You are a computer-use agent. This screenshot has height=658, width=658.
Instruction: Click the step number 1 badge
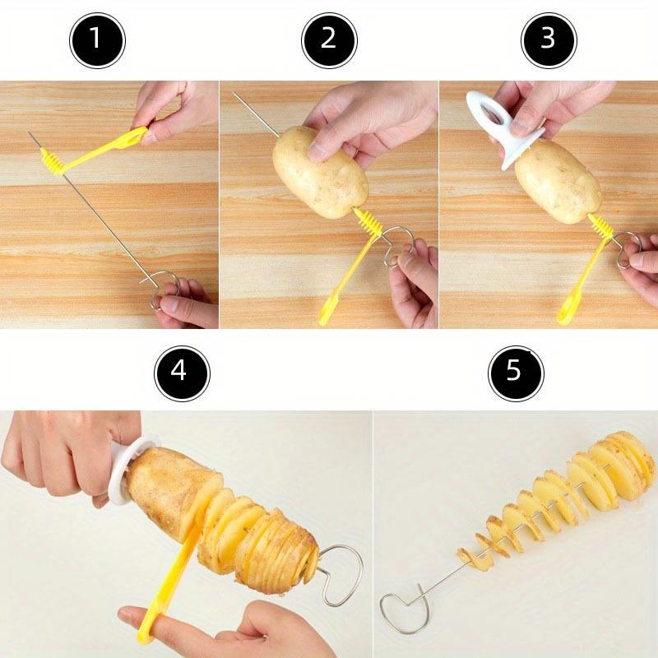pos(96,39)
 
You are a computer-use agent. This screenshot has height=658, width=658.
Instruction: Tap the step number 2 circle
pos(329,39)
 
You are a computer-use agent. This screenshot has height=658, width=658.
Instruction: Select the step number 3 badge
pos(549,39)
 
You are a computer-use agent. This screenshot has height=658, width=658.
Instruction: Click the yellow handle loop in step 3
pos(568,311)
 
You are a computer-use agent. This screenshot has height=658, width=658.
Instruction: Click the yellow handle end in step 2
pos(330,312)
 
